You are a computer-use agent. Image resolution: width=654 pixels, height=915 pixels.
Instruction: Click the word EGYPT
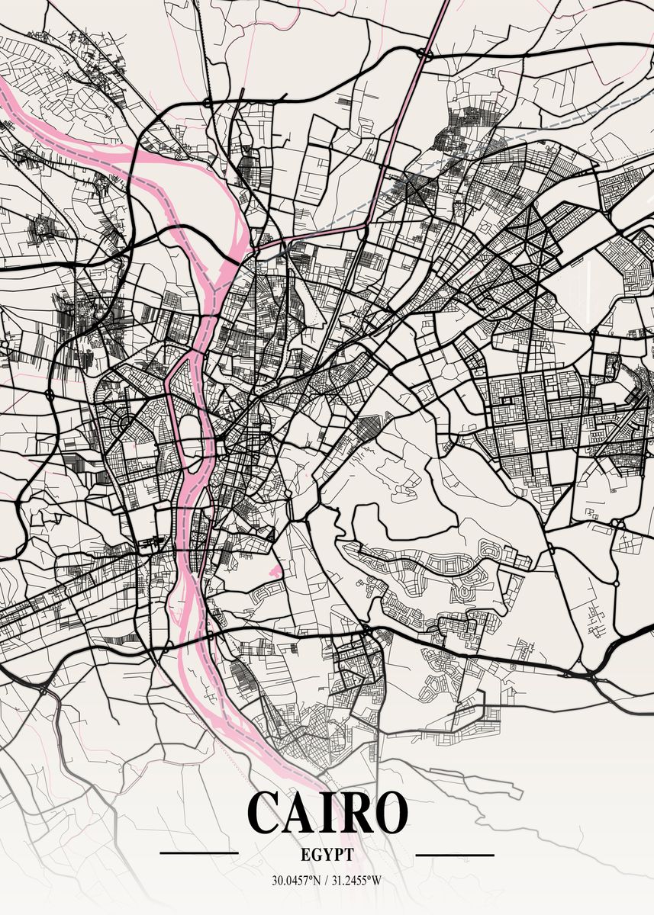[327, 856]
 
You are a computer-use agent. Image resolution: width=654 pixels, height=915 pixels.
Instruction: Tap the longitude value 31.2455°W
[356, 881]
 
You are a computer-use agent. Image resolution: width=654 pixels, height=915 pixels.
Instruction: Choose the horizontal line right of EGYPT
[455, 856]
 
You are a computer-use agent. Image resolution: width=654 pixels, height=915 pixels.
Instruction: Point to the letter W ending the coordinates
[377, 881]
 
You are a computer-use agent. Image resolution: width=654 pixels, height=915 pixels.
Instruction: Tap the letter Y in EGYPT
[327, 856]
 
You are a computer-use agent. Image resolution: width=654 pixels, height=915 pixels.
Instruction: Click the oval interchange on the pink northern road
[425, 54]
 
